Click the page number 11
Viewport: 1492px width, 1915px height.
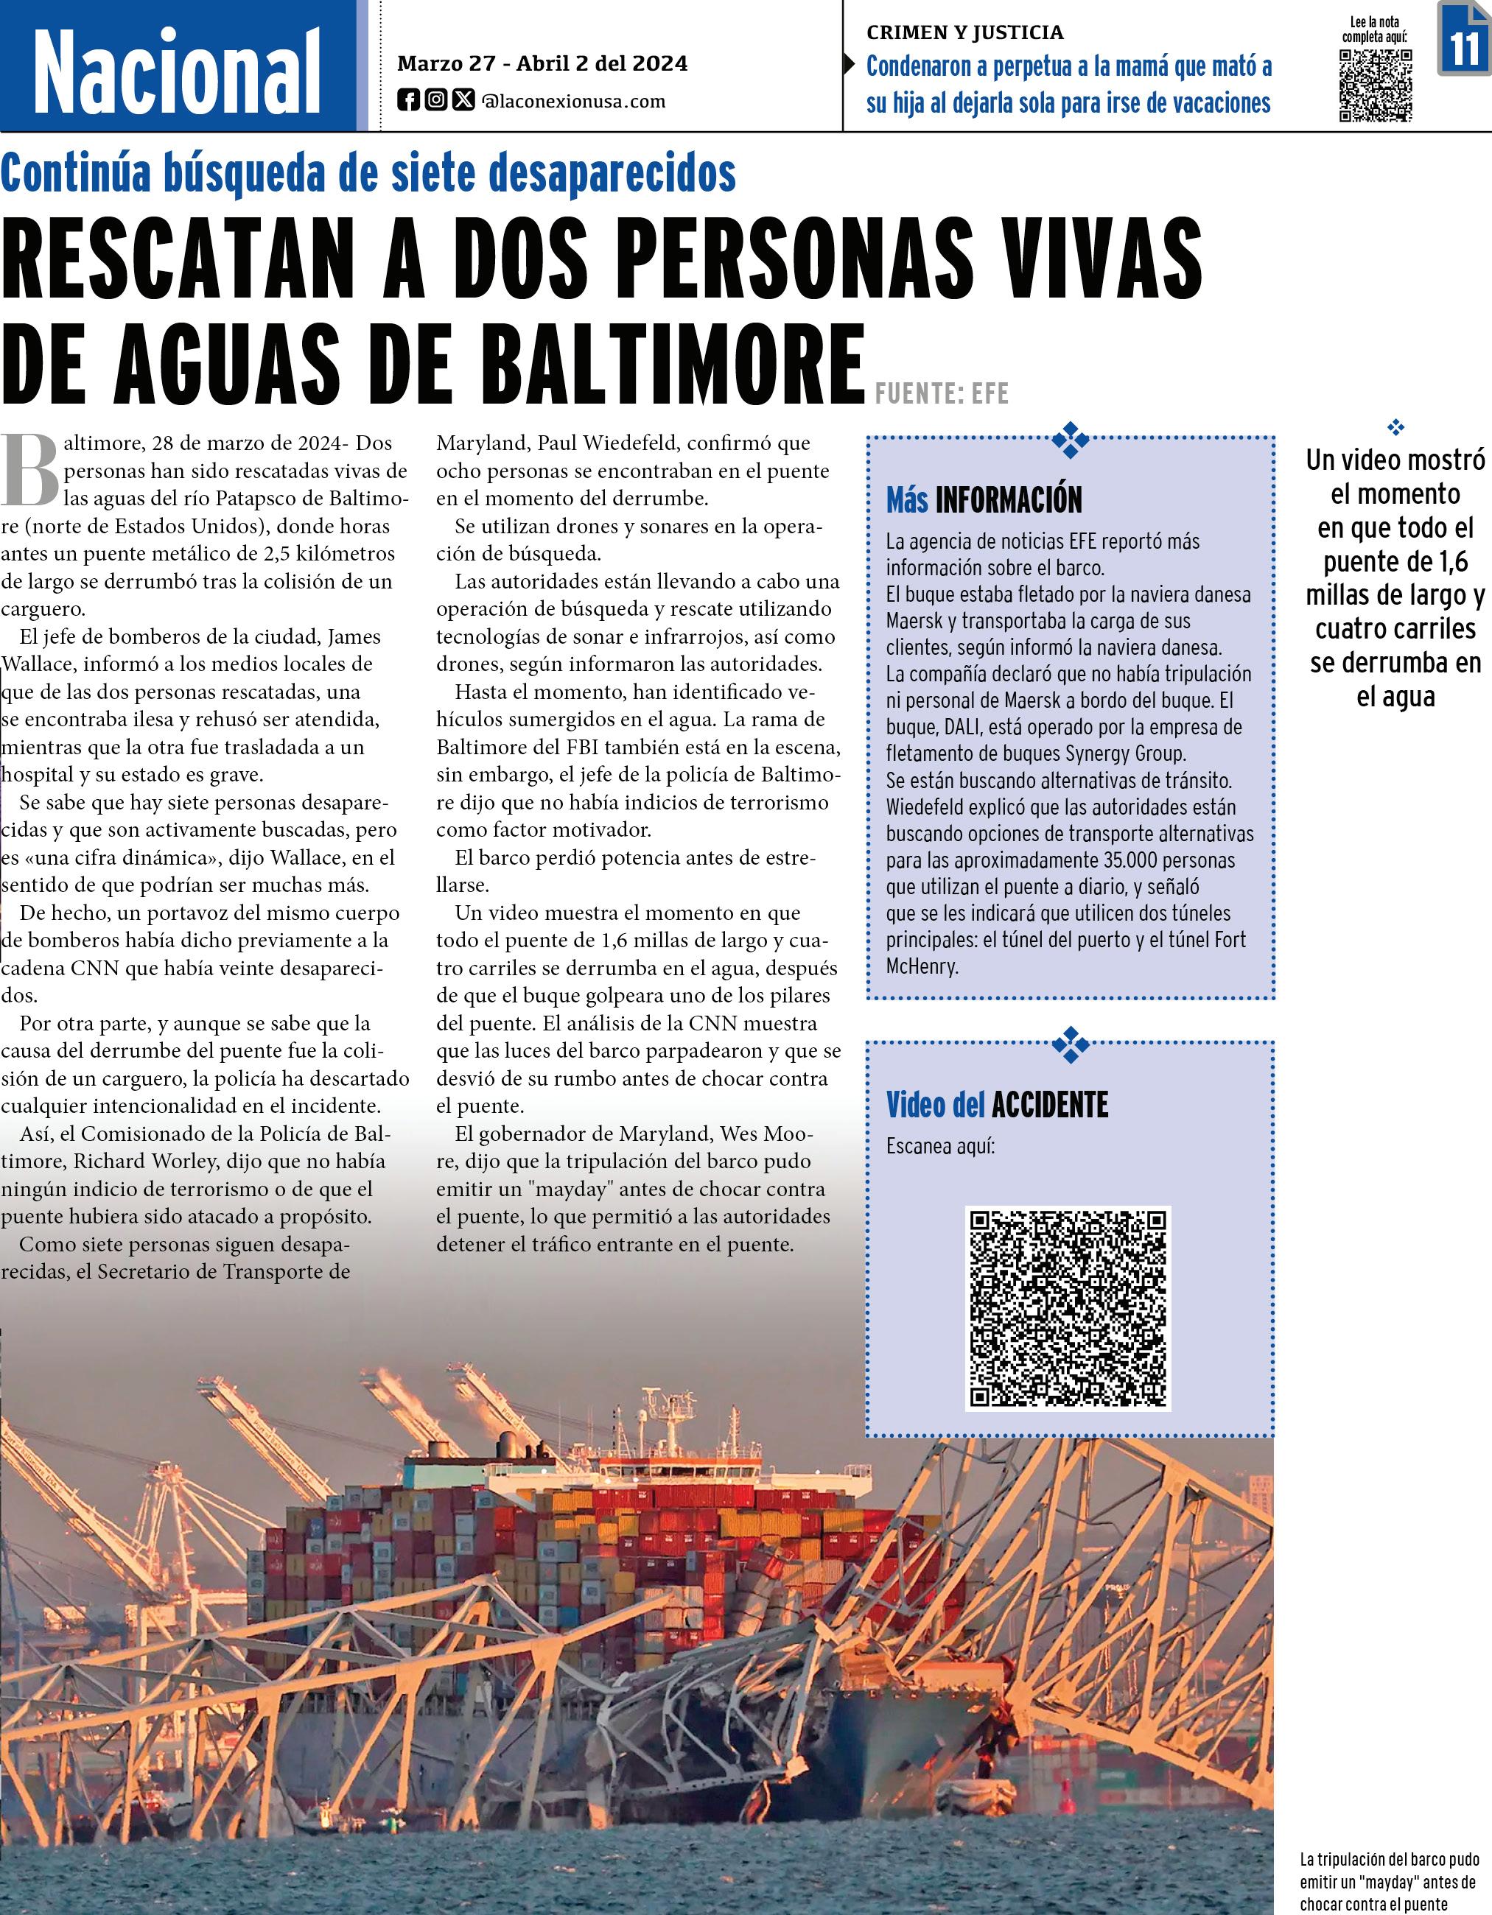coord(1464,48)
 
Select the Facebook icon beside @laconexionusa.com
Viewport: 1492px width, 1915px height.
coord(408,101)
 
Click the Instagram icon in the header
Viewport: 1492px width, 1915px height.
coord(436,101)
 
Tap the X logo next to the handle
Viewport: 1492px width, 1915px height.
coord(464,101)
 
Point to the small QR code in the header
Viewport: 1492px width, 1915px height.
coord(1376,85)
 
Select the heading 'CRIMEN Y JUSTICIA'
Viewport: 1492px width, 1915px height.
coord(965,32)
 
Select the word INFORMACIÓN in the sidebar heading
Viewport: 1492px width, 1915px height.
coord(1009,501)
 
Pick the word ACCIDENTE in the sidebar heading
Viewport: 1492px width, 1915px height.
coord(1050,1106)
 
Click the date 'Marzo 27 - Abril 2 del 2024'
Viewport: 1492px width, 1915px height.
coord(542,64)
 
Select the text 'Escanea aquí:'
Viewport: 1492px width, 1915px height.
coord(940,1146)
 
